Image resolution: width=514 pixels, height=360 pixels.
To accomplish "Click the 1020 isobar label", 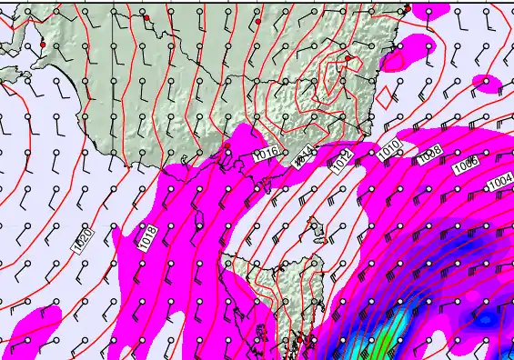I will click(81, 241).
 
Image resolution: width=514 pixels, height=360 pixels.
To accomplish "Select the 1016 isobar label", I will click(267, 153).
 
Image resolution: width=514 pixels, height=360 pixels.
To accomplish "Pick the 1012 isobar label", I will click(342, 162).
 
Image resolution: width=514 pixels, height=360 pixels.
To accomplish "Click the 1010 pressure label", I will click(388, 148).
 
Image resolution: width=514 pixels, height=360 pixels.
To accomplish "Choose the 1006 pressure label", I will click(465, 164).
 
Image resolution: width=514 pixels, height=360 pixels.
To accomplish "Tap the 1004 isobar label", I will click(499, 183).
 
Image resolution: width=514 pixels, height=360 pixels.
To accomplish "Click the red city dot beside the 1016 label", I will click(227, 155).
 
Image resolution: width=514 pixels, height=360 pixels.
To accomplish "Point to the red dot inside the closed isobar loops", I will click(348, 58).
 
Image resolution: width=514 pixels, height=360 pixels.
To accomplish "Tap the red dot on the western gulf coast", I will click(43, 44).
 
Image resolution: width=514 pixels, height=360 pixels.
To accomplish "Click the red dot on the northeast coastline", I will click(408, 9).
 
